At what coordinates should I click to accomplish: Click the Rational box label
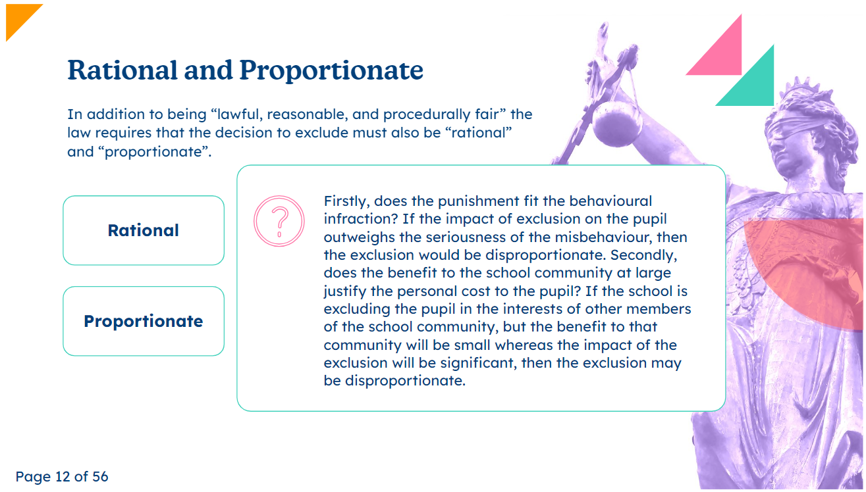144,231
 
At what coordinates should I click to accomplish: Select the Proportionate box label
144,322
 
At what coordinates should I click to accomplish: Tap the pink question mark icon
279,221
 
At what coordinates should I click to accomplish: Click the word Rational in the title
122,70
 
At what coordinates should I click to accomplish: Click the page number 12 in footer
63,477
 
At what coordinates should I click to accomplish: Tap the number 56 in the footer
100,477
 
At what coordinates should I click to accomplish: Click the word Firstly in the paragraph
346,201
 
